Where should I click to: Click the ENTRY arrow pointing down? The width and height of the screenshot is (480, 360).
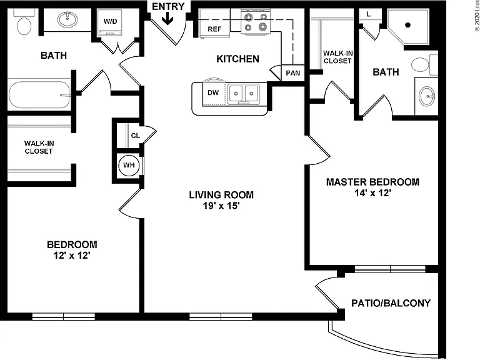pyautogui.click(x=167, y=18)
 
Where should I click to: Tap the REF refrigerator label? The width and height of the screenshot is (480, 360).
pyautogui.click(x=214, y=29)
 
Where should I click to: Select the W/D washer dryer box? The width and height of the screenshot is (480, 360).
pyautogui.click(x=110, y=24)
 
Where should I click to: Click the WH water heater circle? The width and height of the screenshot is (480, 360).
pyautogui.click(x=129, y=165)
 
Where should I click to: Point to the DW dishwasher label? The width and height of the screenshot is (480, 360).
pyautogui.click(x=213, y=92)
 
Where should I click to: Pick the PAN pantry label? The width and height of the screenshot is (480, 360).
pyautogui.click(x=293, y=73)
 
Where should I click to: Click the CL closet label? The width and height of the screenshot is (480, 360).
pyautogui.click(x=135, y=136)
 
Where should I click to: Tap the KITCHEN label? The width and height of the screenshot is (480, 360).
pyautogui.click(x=238, y=59)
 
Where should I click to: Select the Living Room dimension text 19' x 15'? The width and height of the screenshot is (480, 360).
pyautogui.click(x=221, y=206)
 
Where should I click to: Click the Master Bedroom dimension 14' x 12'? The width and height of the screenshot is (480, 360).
pyautogui.click(x=373, y=193)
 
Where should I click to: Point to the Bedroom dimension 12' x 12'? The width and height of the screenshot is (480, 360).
pyautogui.click(x=72, y=255)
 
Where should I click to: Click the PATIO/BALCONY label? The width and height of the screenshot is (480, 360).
pyautogui.click(x=391, y=303)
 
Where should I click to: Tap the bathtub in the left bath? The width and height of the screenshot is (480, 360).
pyautogui.click(x=39, y=94)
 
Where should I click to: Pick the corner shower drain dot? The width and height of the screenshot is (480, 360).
pyautogui.click(x=407, y=25)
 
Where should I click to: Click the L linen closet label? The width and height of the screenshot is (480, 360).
pyautogui.click(x=369, y=14)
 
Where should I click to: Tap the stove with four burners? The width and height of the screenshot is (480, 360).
pyautogui.click(x=256, y=21)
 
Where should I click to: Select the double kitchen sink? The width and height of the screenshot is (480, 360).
pyautogui.click(x=243, y=94)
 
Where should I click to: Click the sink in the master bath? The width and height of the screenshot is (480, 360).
pyautogui.click(x=427, y=96)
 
